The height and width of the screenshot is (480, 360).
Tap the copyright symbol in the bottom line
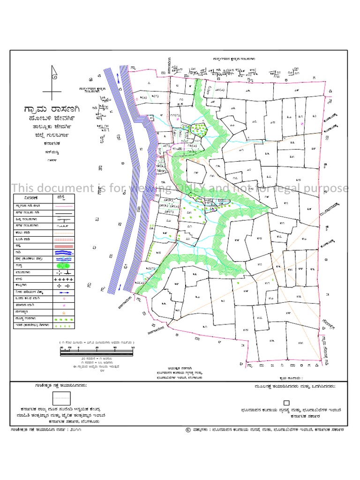pos(188,429)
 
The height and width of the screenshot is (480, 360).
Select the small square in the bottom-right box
pos(286,402)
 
